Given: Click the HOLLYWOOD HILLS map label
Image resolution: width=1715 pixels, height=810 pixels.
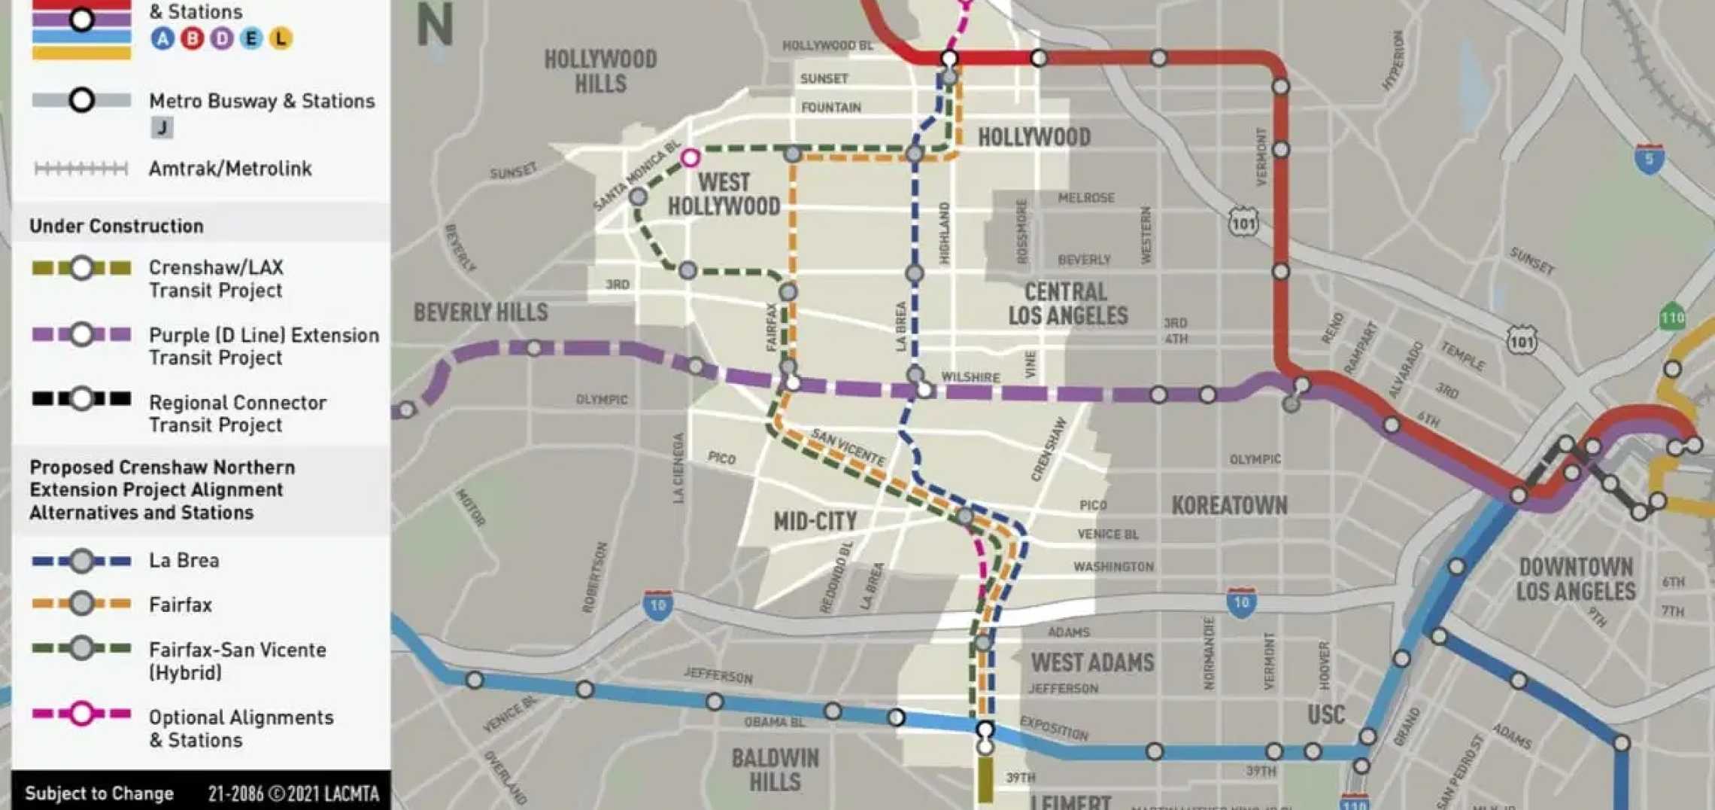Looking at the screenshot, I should pos(600,72).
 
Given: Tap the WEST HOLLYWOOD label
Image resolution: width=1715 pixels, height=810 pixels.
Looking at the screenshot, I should pos(724,194).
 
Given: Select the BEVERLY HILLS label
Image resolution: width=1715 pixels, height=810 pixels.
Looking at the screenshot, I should pos(481,312).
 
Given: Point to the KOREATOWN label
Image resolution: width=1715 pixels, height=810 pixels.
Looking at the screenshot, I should pos(1229,505).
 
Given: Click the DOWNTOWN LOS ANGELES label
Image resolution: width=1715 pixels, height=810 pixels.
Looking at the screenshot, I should pos(1575,579).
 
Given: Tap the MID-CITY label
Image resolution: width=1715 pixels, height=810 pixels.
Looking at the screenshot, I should pos(815,521).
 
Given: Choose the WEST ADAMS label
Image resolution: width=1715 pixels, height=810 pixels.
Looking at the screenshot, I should pos(1092,662).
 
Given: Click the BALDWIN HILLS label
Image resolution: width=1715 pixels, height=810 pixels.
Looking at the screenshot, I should pos(775,770).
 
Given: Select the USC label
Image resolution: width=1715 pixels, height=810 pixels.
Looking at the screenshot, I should pos(1325,714).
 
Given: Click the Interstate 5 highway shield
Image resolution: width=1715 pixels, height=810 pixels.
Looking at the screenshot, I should pos(1649,160).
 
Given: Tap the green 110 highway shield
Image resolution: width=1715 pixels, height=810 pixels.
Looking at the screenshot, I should pos(1671,318).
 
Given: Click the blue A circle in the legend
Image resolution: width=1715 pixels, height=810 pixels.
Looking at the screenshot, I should pos(162,38).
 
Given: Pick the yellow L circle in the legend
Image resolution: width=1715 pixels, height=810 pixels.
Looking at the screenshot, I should pos(281,38).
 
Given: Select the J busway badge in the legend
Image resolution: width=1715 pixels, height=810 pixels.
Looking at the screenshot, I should pos(162,128).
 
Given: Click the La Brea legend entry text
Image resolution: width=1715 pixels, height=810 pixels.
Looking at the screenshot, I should pos(184,561).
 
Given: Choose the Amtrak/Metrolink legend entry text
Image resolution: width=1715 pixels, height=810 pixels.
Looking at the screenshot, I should pos(230,169).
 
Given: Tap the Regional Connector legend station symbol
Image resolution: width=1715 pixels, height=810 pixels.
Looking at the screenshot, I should pos(81,398).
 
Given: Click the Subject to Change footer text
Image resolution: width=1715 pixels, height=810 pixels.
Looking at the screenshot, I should pos(99,793).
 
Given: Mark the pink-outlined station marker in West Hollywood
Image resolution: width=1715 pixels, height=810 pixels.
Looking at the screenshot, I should pos(690,157).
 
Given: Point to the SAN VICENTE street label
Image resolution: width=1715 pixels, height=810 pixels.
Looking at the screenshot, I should pos(848,446).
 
